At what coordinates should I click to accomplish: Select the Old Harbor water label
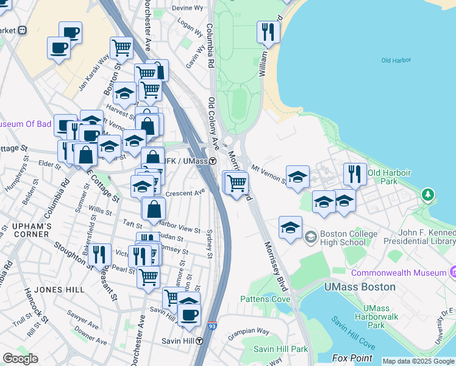pyautogui.click(x=395, y=60)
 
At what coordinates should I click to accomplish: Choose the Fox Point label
pyautogui.click(x=352, y=358)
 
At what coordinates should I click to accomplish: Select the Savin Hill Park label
pyautogui.click(x=281, y=349)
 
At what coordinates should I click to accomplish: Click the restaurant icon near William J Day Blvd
pyautogui.click(x=268, y=32)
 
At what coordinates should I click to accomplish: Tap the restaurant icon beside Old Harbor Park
pyautogui.click(x=355, y=174)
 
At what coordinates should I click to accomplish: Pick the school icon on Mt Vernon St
pyautogui.click(x=297, y=177)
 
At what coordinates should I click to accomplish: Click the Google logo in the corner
pyautogui.click(x=20, y=359)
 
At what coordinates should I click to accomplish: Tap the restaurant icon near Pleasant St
pyautogui.click(x=99, y=255)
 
